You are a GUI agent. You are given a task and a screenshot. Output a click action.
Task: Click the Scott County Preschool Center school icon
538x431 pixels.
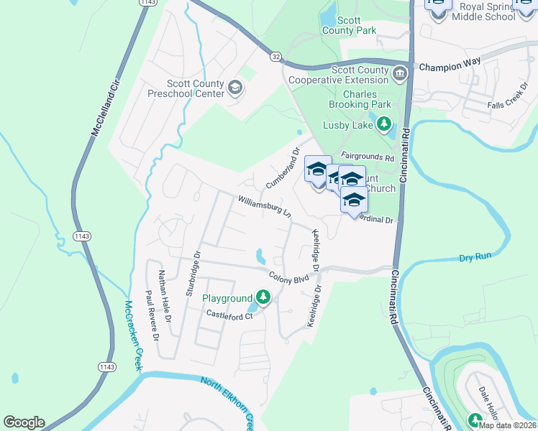234,88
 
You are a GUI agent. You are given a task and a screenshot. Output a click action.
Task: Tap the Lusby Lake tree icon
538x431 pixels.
384,125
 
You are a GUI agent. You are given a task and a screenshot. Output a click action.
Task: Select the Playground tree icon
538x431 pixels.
264,297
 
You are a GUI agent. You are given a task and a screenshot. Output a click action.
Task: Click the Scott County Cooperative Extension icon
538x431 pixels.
399,72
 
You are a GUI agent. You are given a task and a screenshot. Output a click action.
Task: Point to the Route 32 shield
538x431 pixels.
276,55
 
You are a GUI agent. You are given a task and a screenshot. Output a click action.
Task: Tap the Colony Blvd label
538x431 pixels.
289,277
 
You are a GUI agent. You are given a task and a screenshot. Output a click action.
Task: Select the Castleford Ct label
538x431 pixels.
230,315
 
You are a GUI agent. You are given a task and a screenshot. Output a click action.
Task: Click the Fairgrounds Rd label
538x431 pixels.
368,157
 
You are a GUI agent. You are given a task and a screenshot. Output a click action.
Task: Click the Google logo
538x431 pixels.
24,422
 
